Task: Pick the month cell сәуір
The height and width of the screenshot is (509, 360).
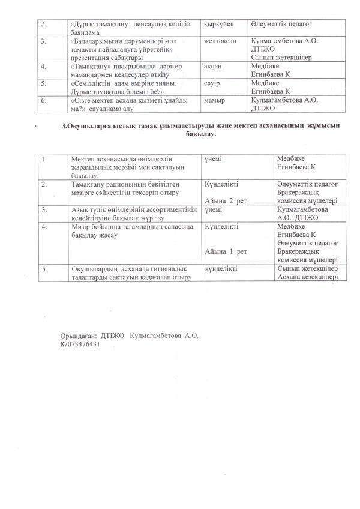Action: pyautogui.click(x=213, y=85)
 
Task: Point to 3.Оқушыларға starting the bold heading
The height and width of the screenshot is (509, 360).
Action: pyautogui.click(x=89, y=126)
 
